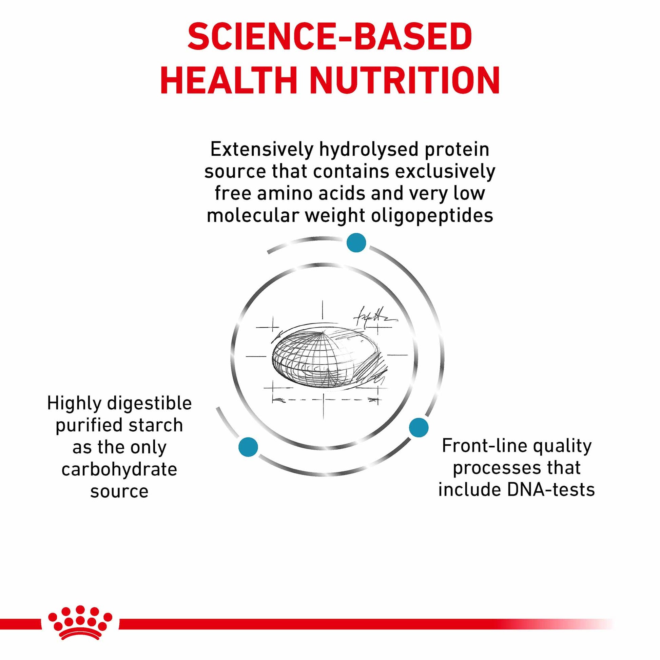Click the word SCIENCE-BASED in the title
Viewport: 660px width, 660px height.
tap(330, 37)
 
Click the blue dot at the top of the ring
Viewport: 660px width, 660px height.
tap(356, 242)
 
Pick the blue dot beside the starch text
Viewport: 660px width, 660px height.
tap(248, 446)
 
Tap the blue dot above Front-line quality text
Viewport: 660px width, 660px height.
tap(419, 427)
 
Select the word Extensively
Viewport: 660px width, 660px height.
tap(262, 150)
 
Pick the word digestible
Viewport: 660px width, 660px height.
tap(149, 404)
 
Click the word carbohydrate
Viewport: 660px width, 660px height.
tap(119, 470)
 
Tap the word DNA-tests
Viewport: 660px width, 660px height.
tap(551, 490)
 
